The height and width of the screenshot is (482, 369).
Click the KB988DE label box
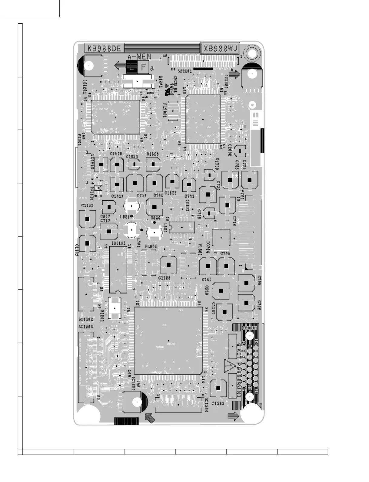pyautogui.click(x=104, y=48)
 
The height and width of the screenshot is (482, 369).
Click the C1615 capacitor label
pyautogui.click(x=116, y=154)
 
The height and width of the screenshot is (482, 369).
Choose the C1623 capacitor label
pyautogui.click(x=152, y=154)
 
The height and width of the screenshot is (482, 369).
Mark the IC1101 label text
pyautogui.click(x=118, y=243)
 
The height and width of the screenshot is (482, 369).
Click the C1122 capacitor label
pyautogui.click(x=87, y=205)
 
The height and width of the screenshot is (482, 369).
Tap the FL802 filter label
pyautogui.click(x=151, y=247)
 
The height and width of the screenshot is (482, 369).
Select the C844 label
pyautogui.click(x=155, y=218)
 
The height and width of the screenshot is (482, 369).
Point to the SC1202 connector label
pyautogui.click(x=86, y=319)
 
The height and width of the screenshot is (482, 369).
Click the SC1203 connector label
pyautogui.click(x=86, y=327)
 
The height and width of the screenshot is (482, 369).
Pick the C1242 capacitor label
pyautogui.click(x=218, y=403)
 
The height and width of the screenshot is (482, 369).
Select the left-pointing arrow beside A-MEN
pyautogui.click(x=120, y=65)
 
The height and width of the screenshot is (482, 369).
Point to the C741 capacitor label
pyautogui.click(x=206, y=279)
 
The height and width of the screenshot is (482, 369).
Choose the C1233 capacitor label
pyautogui.click(x=164, y=278)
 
